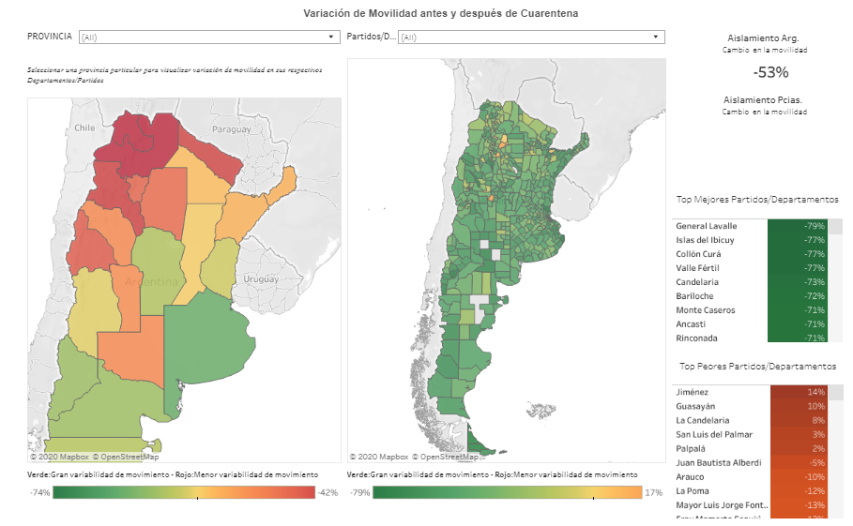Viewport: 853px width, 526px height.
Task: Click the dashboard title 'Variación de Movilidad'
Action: [440, 14]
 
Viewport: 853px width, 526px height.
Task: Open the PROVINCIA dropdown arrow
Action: [331, 37]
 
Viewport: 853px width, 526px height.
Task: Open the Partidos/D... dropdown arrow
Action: [657, 37]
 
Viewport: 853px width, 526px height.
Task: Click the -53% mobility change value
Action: [770, 72]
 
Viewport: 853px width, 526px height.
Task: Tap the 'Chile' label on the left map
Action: [85, 128]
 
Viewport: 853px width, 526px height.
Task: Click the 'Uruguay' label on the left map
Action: [262, 279]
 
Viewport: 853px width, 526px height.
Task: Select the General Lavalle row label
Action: [707, 226]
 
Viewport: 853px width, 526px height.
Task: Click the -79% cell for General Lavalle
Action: [803, 226]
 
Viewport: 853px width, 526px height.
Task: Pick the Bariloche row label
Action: [695, 296]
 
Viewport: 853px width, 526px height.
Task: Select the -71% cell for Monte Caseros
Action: [803, 310]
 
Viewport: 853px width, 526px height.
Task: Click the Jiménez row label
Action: [693, 392]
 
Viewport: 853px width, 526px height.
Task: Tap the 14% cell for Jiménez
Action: [803, 392]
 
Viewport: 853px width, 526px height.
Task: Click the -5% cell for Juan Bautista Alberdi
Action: [803, 462]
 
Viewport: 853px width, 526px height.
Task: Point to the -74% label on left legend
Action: [39, 492]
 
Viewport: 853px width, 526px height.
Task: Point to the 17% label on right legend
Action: [653, 492]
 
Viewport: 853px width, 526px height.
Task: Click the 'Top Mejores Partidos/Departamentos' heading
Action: [757, 200]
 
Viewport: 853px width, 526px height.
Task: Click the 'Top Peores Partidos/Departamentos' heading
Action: [757, 367]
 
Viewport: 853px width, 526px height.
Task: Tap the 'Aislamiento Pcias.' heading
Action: [763, 99]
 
